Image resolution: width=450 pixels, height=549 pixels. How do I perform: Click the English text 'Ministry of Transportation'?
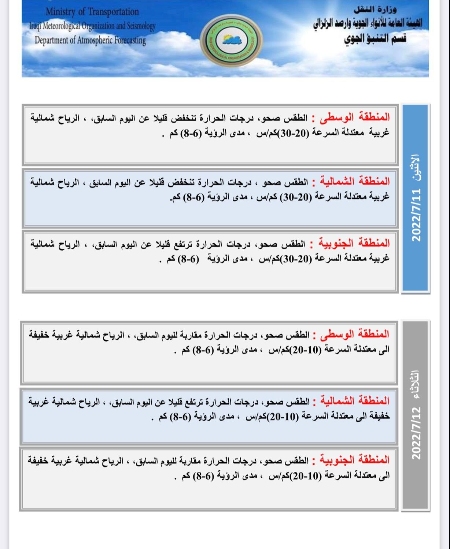(x=92, y=12)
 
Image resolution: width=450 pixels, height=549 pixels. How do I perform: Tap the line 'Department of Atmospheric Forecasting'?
(x=90, y=40)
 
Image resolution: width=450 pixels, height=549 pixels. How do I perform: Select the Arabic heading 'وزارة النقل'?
(x=377, y=9)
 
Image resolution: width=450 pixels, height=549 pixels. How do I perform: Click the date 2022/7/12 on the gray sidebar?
(x=416, y=433)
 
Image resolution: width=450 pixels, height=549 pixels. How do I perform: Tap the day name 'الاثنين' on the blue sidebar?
(x=416, y=168)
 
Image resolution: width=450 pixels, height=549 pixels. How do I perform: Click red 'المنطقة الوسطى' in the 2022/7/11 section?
(x=355, y=118)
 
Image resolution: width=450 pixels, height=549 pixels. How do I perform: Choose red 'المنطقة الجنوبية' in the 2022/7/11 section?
(x=354, y=243)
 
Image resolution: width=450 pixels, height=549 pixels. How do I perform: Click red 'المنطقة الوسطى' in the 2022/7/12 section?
(x=355, y=334)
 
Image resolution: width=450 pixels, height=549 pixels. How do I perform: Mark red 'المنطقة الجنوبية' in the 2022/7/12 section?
(x=354, y=460)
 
